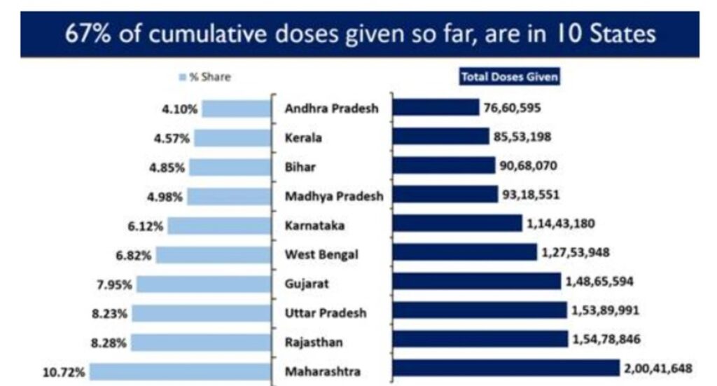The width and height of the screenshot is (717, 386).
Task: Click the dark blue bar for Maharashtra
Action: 506,368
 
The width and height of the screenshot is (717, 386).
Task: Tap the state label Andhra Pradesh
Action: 331,109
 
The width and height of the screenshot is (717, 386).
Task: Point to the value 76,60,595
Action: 512,107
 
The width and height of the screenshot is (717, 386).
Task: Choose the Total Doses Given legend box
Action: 509,77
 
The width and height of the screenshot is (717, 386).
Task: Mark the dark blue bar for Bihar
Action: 443,165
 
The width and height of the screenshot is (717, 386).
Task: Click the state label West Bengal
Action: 321,254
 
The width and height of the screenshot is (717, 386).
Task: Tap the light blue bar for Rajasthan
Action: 200,343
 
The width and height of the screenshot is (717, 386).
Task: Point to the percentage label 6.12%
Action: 145,226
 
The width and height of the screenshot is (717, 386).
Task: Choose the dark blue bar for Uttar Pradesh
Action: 480,310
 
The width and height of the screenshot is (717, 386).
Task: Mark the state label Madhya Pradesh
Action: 334,196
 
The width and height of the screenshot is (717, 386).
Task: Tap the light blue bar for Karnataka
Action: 219,226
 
